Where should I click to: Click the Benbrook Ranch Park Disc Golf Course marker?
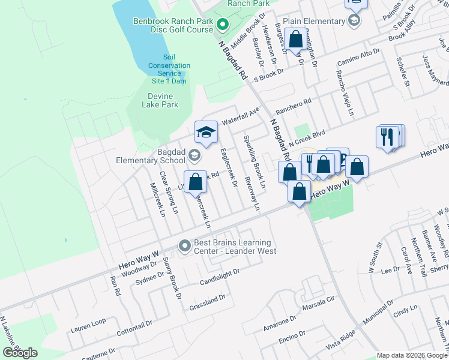tap(222, 25)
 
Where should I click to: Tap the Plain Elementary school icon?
tap(355, 21)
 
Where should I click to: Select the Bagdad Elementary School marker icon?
tap(194, 156)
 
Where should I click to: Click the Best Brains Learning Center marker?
tap(184, 246)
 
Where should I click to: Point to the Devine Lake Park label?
tap(160, 100)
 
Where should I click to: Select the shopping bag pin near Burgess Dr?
tap(295, 40)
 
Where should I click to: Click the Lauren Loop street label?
tap(88, 325)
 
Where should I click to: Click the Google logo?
tap(20, 353)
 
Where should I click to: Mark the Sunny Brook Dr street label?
tap(172, 278)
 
